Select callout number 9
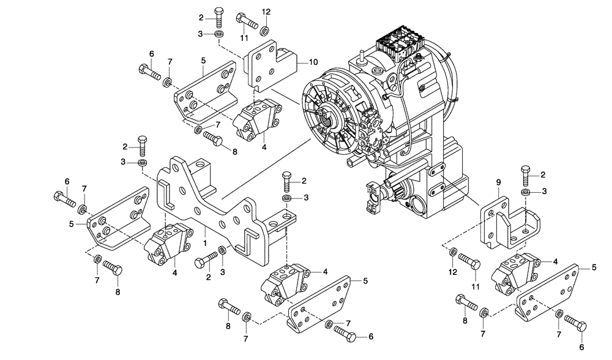(x=498, y=182)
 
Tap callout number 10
(x=313, y=62)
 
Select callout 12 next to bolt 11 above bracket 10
(x=266, y=12)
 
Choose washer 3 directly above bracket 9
(x=525, y=193)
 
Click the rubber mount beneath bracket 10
(x=255, y=119)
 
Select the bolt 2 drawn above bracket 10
(x=219, y=16)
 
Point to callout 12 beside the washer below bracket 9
(x=452, y=271)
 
